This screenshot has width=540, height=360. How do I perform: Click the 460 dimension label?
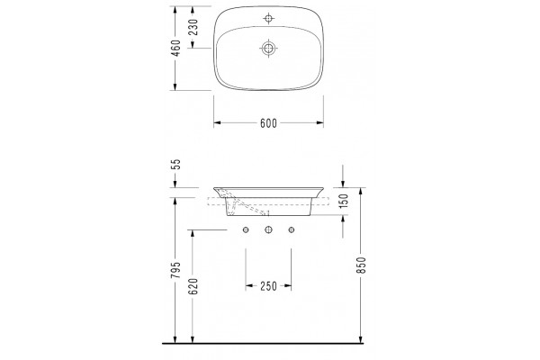tap(175, 49)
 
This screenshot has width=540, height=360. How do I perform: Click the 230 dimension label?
tap(193, 27)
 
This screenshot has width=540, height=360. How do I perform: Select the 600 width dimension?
tap(268, 123)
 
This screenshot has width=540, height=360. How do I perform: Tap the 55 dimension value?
tap(175, 165)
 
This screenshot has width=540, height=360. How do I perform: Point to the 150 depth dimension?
tap(344, 202)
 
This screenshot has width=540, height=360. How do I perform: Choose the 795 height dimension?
tap(175, 270)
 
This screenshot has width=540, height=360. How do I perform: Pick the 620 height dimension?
tap(193, 286)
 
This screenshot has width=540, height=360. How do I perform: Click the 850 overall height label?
tap(361, 265)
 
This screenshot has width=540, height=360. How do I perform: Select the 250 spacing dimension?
tap(268, 286)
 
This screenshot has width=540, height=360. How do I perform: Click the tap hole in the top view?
tap(268, 18)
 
